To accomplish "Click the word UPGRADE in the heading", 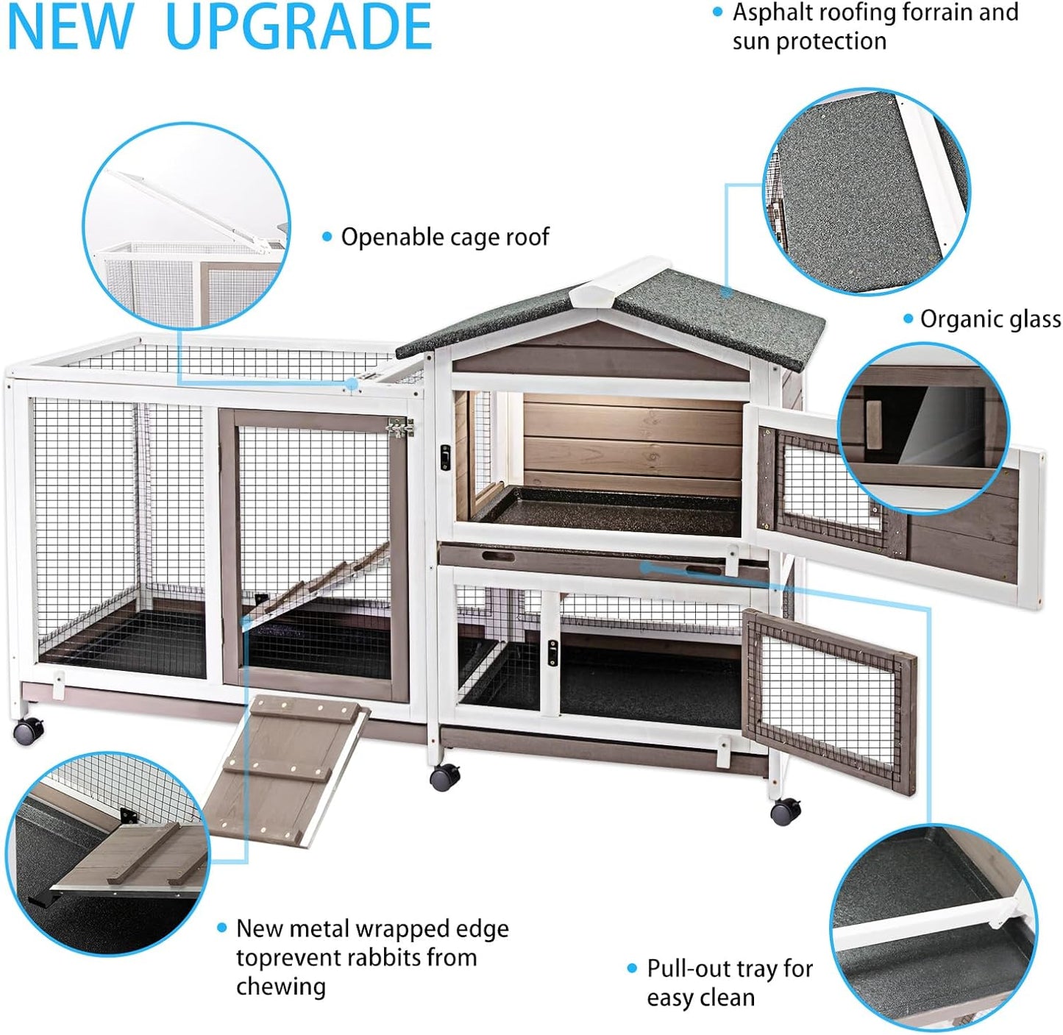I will (299, 27).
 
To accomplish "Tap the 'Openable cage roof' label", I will (444, 237).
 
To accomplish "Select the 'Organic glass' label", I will (990, 319).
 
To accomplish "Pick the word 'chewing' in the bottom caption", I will (281, 986).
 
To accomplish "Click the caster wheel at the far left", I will (28, 731).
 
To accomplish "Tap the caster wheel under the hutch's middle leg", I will (444, 777).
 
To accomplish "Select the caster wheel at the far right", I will (785, 811).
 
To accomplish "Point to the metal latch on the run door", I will (399, 427).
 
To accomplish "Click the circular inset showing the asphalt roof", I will (866, 192).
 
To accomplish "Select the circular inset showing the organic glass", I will (924, 429).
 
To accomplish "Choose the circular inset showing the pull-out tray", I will (933, 925).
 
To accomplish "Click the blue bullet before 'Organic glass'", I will (908, 319).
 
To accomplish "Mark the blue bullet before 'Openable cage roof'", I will (327, 237).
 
